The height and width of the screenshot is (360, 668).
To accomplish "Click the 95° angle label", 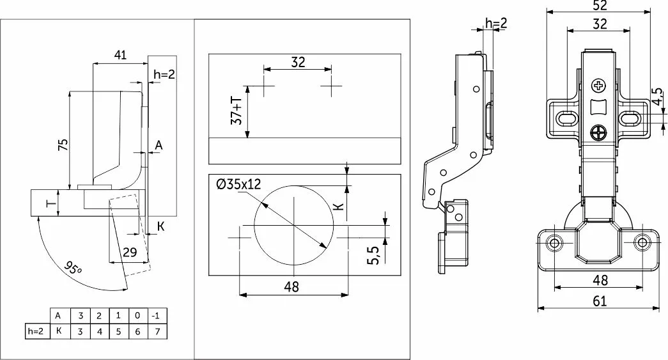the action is pos(73,269).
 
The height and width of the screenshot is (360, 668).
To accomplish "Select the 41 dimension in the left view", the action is pos(120,55).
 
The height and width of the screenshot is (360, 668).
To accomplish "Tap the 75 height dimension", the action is pos(63,145).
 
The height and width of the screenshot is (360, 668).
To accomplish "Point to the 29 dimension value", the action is pos(130,252).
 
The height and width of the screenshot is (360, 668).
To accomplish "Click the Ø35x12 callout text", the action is pos(238,184).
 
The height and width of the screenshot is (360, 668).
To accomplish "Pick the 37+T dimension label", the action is pos(237,111).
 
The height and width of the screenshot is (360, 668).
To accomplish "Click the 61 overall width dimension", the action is pos(600,301).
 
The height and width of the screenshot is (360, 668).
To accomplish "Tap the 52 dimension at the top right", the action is pos(600,6).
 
